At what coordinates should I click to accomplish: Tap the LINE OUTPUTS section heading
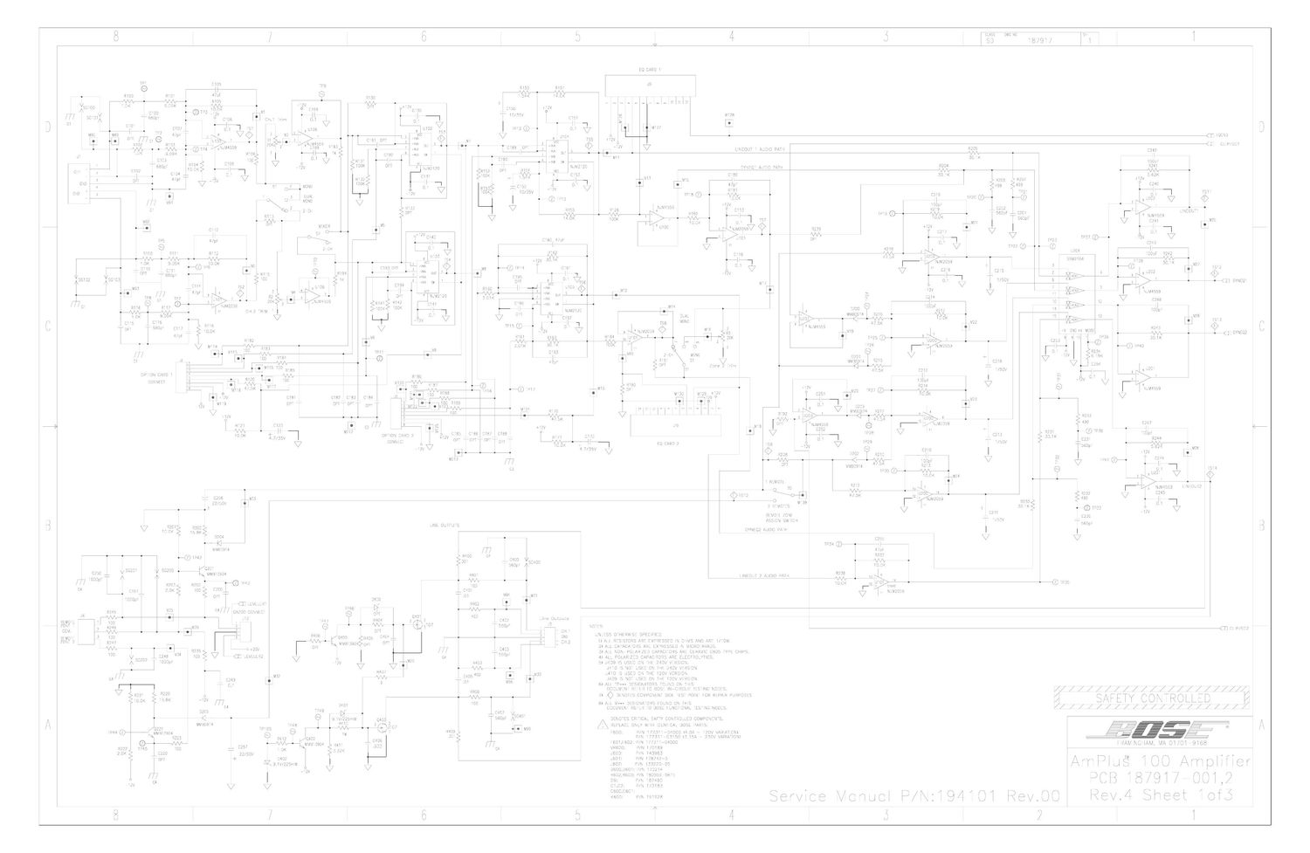(445, 525)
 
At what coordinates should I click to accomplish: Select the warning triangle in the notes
(596, 725)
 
